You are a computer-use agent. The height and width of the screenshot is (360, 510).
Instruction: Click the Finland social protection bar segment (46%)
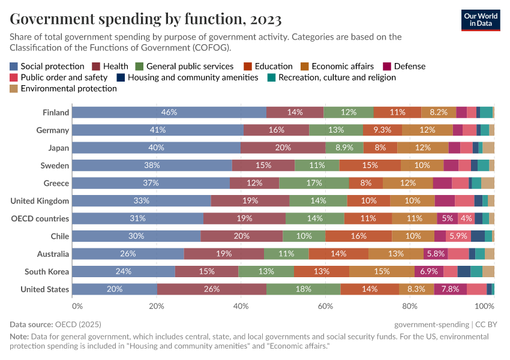pyautogui.click(x=169, y=112)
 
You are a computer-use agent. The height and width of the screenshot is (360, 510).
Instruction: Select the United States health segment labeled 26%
pyautogui.click(x=212, y=289)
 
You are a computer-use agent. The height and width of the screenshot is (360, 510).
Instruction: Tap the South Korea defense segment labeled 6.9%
pyautogui.click(x=428, y=272)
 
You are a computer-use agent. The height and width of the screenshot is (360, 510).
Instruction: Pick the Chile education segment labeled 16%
pyautogui.click(x=359, y=236)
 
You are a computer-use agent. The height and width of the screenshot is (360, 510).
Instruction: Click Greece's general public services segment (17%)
pyautogui.click(x=314, y=183)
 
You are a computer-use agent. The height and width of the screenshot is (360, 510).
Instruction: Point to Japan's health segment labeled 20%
pyautogui.click(x=283, y=148)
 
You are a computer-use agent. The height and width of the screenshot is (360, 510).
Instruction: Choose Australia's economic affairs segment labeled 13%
pyautogui.click(x=395, y=254)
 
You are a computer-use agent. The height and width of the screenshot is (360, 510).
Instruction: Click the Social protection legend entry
pyautogui.click(x=47, y=66)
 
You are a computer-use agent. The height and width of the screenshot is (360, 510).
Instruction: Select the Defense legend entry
pyautogui.click(x=404, y=66)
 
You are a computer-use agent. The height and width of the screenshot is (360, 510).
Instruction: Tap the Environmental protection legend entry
pyautogui.click(x=63, y=88)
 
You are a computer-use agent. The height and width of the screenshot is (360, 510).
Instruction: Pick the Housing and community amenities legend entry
pyautogui.click(x=187, y=77)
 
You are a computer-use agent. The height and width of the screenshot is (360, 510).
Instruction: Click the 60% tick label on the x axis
pyautogui.click(x=325, y=306)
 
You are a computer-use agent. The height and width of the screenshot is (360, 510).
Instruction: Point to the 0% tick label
pyautogui.click(x=77, y=306)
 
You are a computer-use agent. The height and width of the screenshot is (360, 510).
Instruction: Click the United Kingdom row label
pyautogui.click(x=40, y=201)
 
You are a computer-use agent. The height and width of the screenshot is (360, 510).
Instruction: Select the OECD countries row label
pyautogui.click(x=40, y=218)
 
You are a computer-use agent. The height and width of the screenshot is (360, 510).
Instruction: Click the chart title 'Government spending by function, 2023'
pyautogui.click(x=146, y=19)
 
